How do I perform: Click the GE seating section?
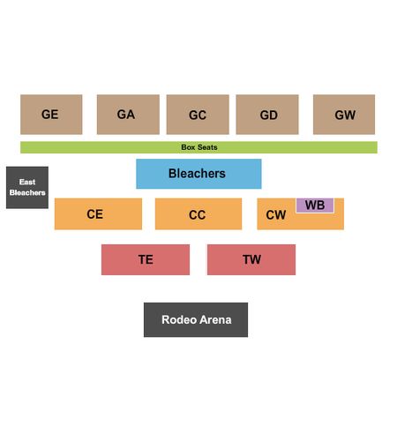coord(51,115)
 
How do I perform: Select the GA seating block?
coord(128,115)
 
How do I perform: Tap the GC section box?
coord(198,115)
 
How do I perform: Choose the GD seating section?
coord(267,115)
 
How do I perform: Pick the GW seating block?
coord(344,115)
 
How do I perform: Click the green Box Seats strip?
coord(198,147)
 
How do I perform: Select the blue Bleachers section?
coord(198,174)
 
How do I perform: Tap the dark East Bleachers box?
coord(27,188)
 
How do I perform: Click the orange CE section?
coord(98,214)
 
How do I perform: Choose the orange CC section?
coord(198,214)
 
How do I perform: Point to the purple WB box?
coord(315,206)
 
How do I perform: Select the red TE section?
coord(146,259)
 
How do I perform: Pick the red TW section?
coord(251,259)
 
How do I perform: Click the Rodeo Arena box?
coord(196,319)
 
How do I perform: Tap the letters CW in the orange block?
coord(276,215)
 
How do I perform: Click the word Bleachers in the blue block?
coord(197,174)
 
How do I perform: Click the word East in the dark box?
coord(27,182)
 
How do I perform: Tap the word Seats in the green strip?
coord(207,147)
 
